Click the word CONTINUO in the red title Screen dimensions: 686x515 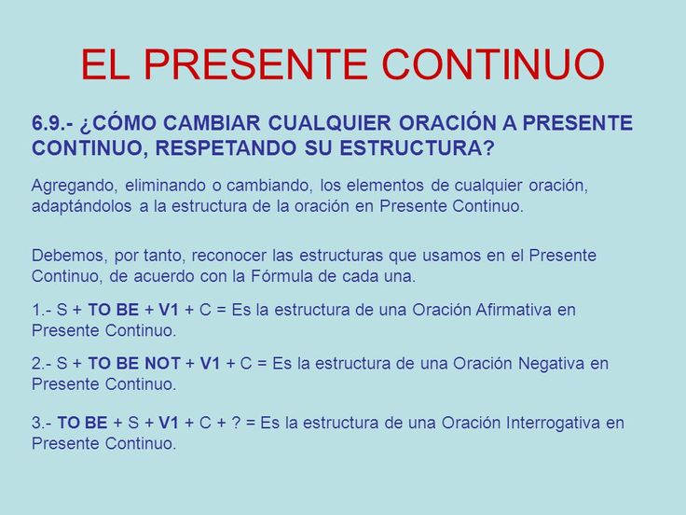pos(493,64)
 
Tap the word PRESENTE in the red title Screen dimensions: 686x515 pos(255,64)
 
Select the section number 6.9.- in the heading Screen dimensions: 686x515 pos(51,123)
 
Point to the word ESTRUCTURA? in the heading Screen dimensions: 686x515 pos(417,148)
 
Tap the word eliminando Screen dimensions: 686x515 pos(165,186)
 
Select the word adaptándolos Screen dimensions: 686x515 pos(81,206)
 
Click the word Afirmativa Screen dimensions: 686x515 pos(514,310)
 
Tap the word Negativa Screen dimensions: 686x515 pos(551,363)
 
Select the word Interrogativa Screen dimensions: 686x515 pos(553,423)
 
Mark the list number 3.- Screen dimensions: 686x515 pos(42,423)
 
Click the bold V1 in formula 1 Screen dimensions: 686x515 pos(169,310)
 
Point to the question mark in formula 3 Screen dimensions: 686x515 pos(236,423)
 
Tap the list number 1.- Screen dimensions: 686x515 pos(42,310)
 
